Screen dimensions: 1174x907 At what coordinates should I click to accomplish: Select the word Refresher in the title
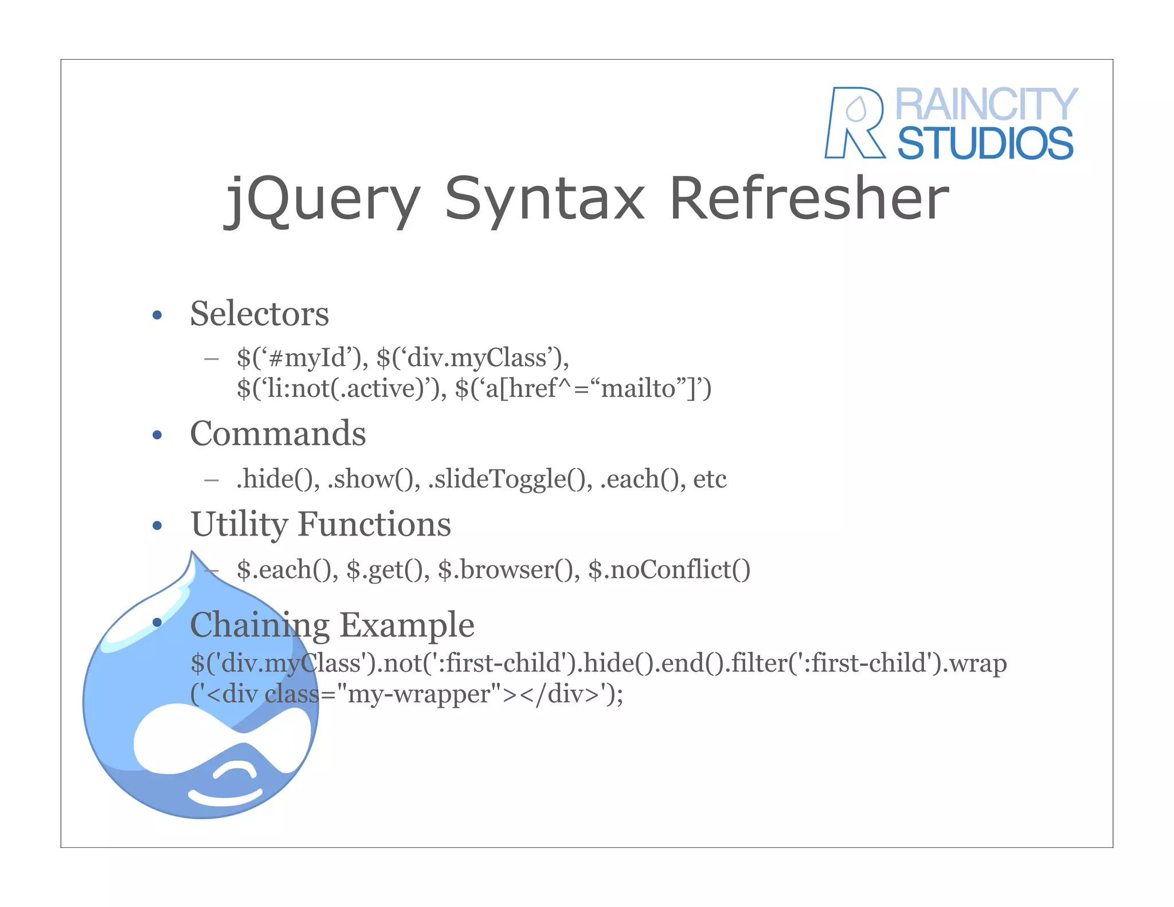point(809,198)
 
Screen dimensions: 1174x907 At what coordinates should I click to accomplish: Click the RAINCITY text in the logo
point(986,104)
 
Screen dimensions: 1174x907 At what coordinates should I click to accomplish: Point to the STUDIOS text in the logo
point(985,143)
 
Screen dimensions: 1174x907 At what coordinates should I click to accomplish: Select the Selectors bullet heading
point(259,314)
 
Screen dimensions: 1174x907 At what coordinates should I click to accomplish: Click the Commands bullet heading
point(277,433)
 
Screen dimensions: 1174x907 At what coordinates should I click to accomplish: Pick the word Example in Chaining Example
point(407,624)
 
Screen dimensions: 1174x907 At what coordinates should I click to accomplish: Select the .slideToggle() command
point(510,479)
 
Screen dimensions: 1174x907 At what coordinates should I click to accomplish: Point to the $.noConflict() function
point(669,569)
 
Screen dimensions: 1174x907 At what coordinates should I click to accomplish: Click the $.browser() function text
point(508,569)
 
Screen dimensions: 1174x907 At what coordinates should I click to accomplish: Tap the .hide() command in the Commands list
point(278,479)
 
